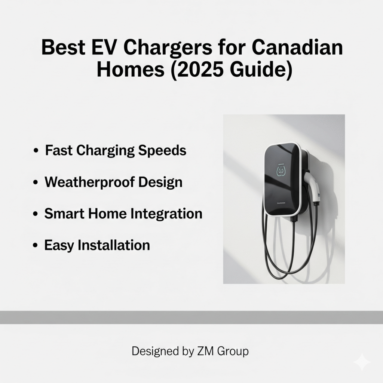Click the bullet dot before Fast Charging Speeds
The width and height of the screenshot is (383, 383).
click(x=36, y=151)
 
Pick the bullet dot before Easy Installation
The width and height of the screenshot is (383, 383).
click(x=36, y=246)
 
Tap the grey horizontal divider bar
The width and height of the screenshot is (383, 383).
click(x=191, y=317)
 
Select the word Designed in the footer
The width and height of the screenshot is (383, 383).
click(x=155, y=351)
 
